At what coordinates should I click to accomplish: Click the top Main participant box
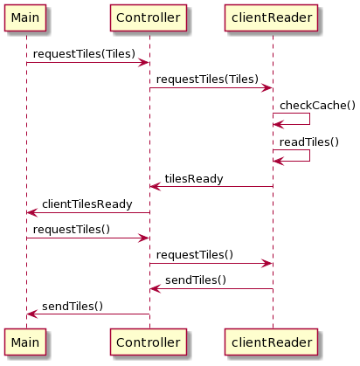25,17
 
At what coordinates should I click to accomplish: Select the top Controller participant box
149,17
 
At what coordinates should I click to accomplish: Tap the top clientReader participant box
272,17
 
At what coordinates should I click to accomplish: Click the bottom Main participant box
25,342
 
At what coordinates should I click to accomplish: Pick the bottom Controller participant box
149,342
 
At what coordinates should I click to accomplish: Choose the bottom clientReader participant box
272,342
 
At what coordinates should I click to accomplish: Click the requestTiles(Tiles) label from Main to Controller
84,54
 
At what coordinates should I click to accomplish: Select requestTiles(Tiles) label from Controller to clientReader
207,79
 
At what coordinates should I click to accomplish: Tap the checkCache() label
317,105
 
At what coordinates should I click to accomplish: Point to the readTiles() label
309,142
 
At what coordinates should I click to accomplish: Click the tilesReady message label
194,179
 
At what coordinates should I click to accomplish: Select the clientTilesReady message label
87,204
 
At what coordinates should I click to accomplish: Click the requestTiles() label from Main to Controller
72,230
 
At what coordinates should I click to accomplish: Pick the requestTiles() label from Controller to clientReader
195,255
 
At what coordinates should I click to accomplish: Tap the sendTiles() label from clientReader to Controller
196,280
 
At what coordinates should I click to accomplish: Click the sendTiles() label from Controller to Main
73,306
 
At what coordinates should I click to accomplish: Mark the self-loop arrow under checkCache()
309,119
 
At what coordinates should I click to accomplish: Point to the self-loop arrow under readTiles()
309,155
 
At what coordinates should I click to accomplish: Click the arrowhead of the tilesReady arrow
156,186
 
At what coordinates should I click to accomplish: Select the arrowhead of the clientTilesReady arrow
32,212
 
